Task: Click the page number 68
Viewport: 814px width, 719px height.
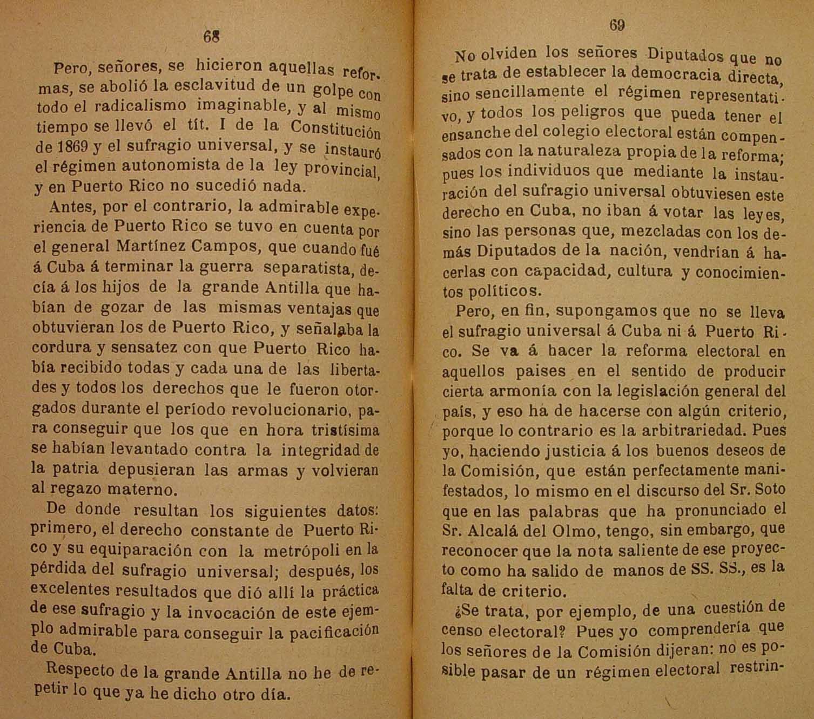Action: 211,36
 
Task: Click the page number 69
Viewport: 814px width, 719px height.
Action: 617,25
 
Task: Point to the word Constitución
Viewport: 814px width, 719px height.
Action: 335,129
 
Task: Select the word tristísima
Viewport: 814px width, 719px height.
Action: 345,431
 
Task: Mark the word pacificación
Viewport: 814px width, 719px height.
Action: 332,632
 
